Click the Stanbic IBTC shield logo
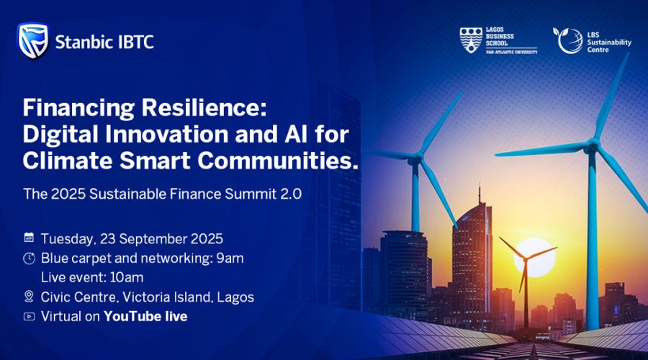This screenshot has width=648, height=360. coord(33,41)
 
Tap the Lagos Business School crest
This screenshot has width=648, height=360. coord(471,40)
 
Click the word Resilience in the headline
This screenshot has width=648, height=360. coord(204,108)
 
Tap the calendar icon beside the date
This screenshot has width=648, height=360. coord(29,238)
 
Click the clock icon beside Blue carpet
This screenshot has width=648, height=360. coord(29,258)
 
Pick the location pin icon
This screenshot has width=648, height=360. coord(29,296)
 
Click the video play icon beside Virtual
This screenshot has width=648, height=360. coord(29,317)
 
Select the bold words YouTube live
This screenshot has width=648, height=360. coord(145,316)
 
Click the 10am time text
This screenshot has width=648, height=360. coord(127,277)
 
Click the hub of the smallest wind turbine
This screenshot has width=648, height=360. coord(526,259)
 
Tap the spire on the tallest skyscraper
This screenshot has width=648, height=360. coord(480,194)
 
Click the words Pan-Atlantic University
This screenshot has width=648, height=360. coord(512,52)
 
